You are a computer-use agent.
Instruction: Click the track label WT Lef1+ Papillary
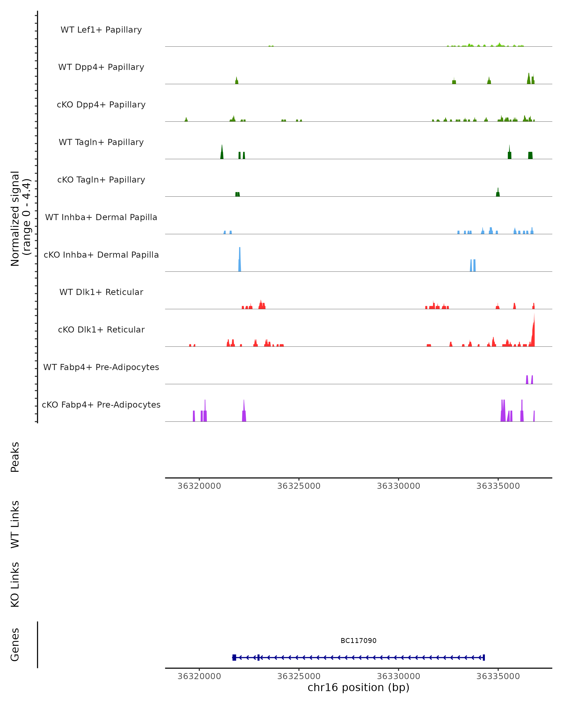click(x=101, y=30)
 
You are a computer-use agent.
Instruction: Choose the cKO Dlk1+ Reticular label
click(x=101, y=329)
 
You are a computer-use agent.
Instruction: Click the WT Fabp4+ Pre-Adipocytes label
click(x=101, y=367)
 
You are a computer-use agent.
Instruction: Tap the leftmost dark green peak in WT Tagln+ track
click(x=222, y=153)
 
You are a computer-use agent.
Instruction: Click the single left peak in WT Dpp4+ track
click(x=237, y=81)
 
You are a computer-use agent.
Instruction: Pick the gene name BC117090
click(x=358, y=641)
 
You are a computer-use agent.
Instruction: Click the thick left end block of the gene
click(x=234, y=658)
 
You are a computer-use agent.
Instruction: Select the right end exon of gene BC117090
click(x=484, y=658)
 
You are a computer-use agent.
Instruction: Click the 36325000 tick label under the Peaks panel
click(x=299, y=486)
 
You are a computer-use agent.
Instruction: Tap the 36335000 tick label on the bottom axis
click(x=498, y=676)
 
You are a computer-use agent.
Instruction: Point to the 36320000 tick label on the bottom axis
click(x=199, y=676)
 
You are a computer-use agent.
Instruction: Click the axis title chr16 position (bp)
click(x=358, y=687)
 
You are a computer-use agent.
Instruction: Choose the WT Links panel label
click(x=15, y=524)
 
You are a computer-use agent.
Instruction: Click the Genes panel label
click(x=15, y=645)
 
